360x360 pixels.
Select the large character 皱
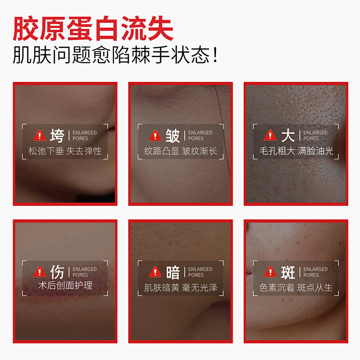172,135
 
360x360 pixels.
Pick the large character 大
288,135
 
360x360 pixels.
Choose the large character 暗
172,272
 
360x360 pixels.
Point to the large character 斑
288,272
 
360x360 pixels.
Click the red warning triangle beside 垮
40,135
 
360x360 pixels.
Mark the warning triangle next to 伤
40,272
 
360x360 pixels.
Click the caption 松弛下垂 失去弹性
65,151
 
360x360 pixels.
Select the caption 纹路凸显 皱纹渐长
180,151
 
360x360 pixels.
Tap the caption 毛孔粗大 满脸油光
296,151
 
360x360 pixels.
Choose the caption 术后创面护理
65,286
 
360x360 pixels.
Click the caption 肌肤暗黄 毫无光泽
180,287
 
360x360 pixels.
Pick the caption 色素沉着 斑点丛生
296,287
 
